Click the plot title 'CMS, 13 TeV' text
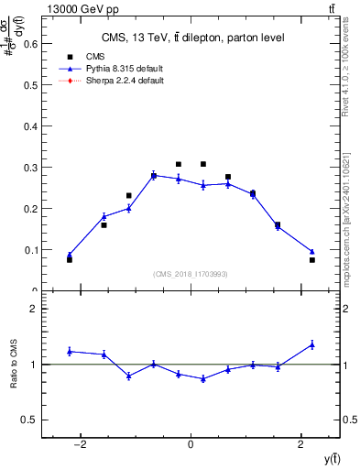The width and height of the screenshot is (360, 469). coord(192,38)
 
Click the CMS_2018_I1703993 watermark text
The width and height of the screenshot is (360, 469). coord(191,273)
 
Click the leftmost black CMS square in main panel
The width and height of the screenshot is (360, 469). coord(70,259)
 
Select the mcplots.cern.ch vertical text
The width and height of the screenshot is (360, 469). coord(351,220)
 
